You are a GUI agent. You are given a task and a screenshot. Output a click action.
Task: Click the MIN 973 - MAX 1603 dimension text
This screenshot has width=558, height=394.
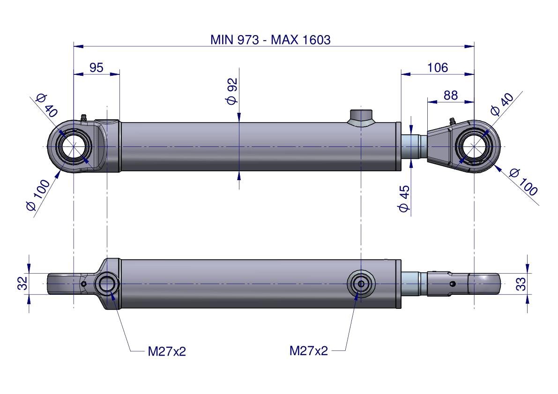point(270,40)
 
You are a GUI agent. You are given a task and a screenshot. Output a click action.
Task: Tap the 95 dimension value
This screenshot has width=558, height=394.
point(96,67)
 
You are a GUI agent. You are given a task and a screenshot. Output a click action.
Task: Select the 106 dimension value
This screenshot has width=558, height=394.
point(438,67)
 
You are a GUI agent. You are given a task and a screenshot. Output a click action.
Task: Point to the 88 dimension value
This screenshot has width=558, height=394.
point(450,95)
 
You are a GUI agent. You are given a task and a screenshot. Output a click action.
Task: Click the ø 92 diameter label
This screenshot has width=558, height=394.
point(232,91)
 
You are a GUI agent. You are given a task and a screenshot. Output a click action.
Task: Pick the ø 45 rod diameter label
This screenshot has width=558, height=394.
point(404,198)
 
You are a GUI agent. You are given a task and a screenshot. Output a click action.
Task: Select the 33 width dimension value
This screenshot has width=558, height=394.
point(521,284)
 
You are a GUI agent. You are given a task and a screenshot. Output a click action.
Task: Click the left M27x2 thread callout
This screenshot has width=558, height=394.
point(167,351)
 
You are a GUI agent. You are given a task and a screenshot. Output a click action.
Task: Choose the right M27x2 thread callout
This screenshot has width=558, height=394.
point(309,350)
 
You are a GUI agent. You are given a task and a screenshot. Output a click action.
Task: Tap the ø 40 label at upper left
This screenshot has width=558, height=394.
point(46,105)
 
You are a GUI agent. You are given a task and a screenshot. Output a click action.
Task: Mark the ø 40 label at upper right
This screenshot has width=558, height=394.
point(501,104)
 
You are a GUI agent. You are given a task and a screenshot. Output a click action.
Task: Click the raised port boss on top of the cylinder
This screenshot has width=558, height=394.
point(361,117)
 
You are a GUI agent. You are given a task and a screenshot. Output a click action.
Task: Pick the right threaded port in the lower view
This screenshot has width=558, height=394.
point(361,284)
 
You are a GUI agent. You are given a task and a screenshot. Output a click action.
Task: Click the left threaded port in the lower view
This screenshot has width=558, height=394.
point(107,284)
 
